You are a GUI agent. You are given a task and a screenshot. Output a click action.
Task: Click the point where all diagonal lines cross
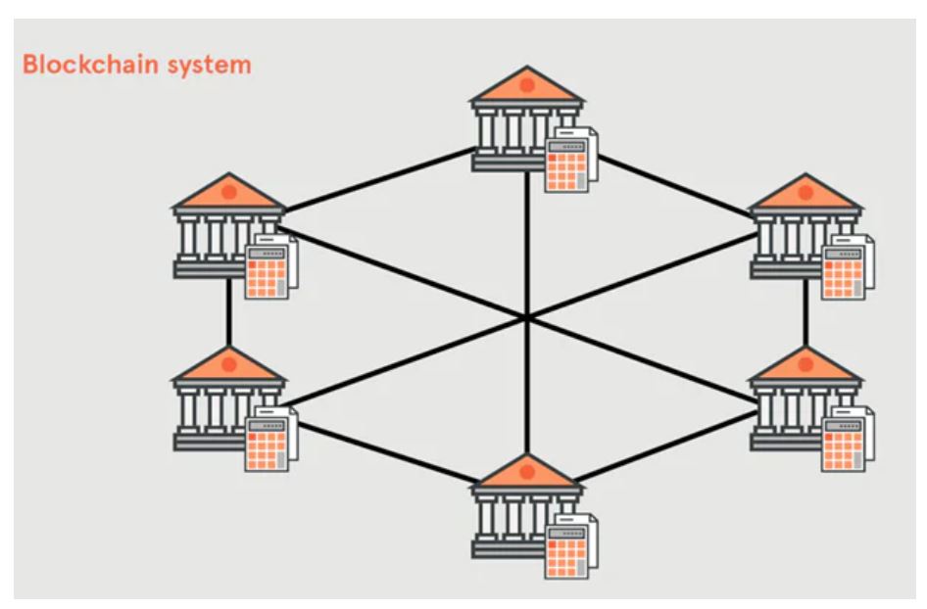pos(527,317)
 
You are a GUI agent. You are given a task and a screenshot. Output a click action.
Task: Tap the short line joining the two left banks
pos(228,311)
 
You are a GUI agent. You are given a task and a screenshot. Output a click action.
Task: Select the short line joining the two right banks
pos(805,311)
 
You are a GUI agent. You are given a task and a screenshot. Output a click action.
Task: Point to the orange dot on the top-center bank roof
pos(527,86)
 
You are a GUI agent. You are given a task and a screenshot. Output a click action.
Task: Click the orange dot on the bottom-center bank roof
pos(527,472)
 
